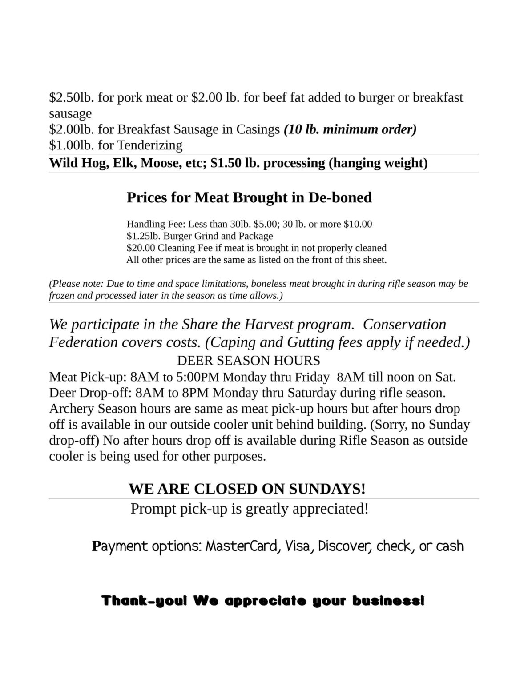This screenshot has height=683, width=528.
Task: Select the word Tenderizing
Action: (149, 145)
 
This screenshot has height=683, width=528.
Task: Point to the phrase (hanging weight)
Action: (378, 163)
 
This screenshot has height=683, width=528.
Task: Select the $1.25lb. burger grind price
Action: (144, 236)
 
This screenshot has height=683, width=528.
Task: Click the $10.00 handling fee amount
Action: (358, 224)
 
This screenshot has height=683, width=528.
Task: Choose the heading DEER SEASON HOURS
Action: (248, 360)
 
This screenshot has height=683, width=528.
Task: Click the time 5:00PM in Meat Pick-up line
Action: (197, 377)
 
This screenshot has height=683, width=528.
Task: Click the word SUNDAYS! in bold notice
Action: (327, 489)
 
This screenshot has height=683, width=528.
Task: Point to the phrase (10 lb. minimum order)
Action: (350, 129)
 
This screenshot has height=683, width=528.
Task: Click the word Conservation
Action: (404, 324)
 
